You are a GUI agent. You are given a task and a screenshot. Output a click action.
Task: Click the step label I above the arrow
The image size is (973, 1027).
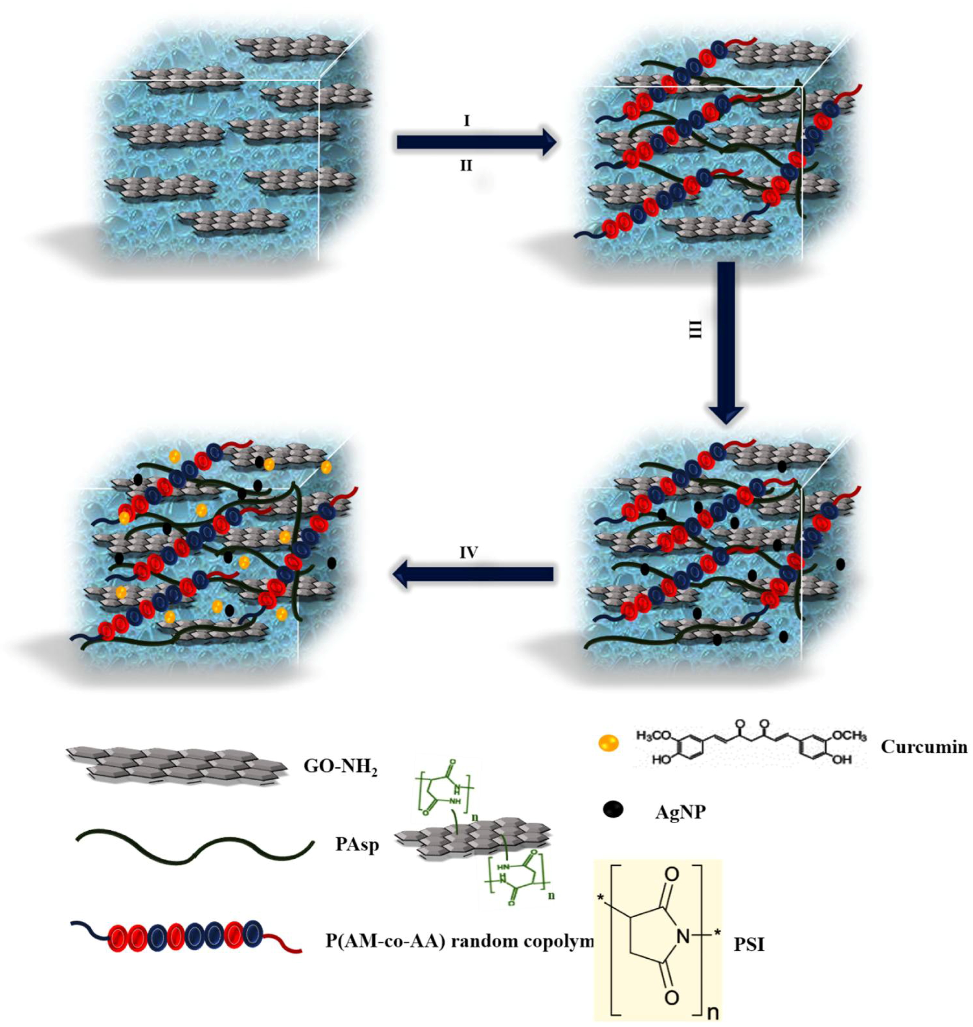466,122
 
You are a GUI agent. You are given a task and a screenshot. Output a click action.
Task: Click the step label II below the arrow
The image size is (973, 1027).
466,166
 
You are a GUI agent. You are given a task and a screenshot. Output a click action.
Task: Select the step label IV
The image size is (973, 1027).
469,553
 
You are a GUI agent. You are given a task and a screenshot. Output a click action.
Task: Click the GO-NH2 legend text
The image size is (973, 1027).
340,767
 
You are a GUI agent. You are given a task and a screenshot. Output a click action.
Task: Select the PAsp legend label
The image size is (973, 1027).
357,845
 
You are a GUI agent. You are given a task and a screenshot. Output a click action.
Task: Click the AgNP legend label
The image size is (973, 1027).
680,812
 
